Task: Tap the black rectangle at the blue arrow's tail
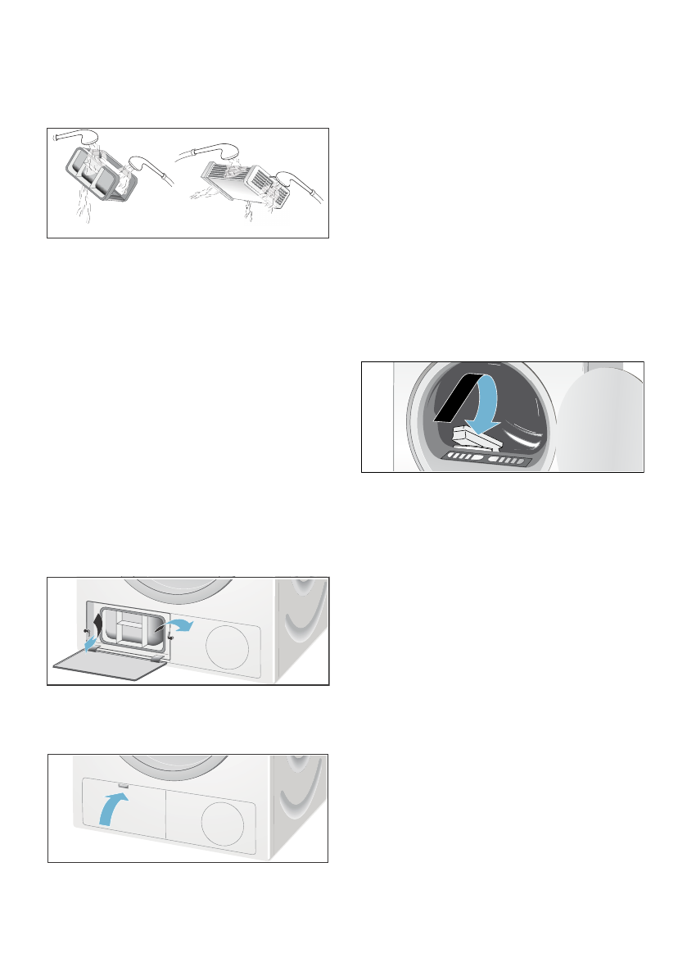pos(454,403)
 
